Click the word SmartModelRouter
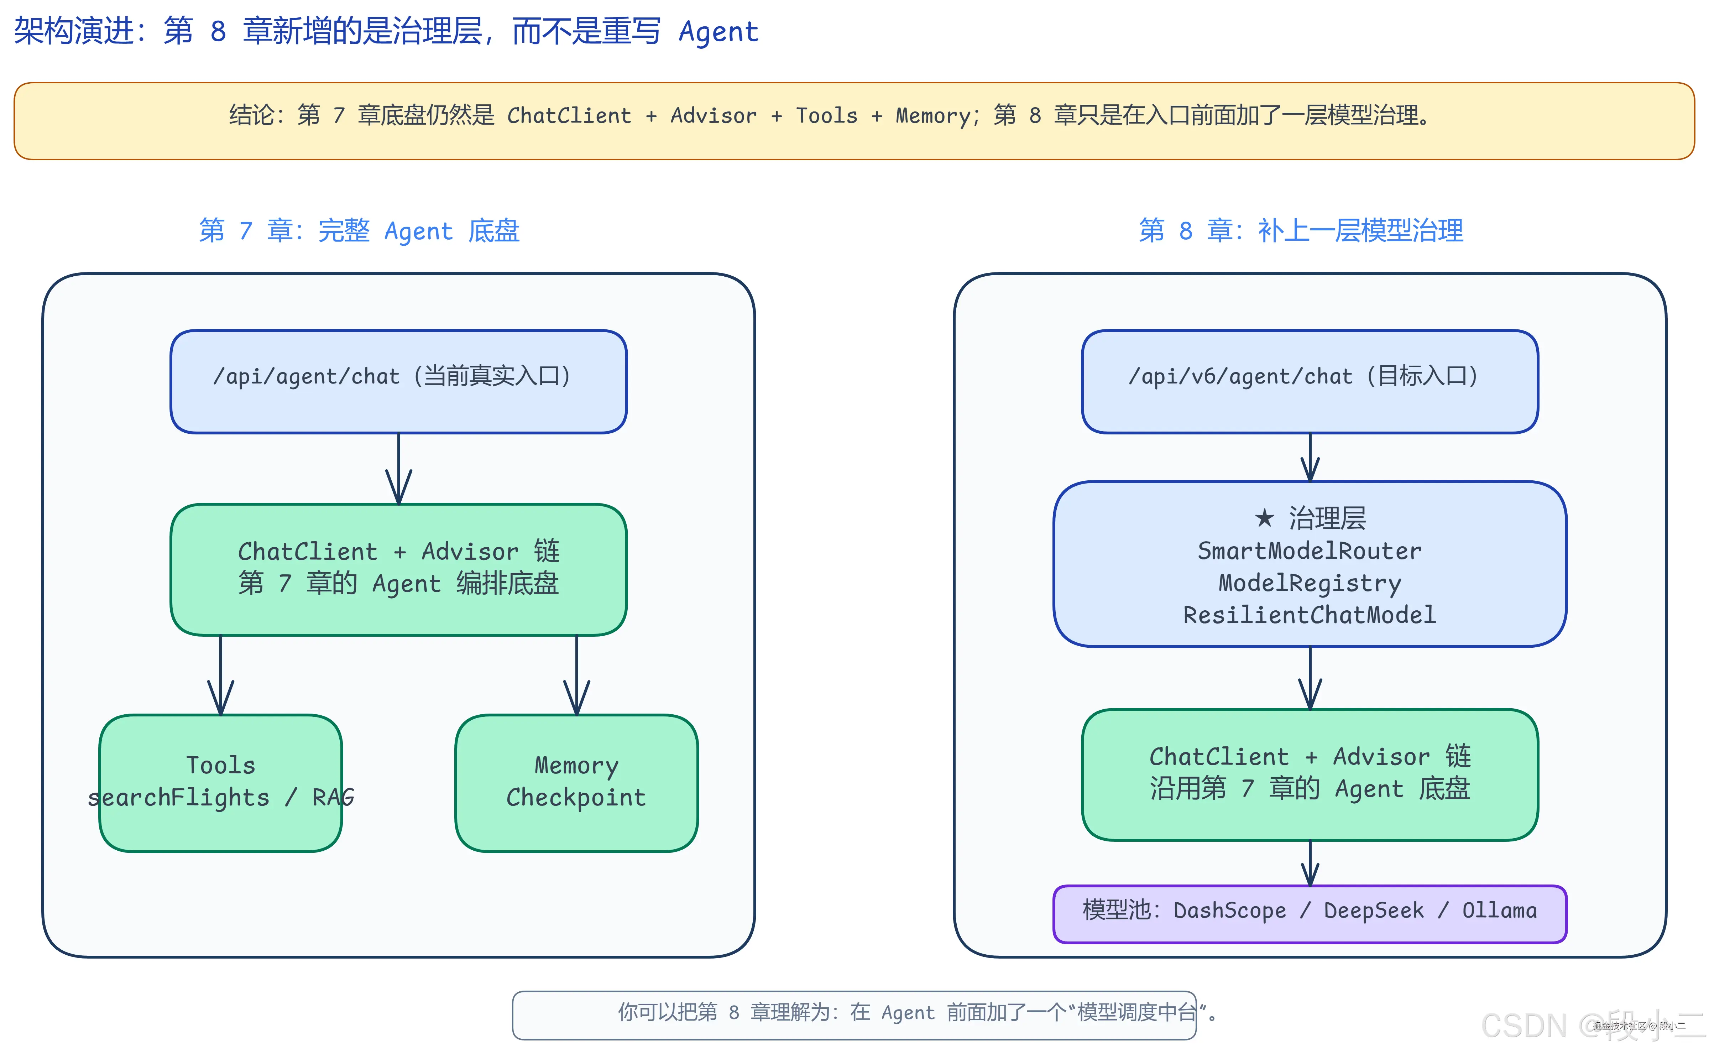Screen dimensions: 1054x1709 pyautogui.click(x=1309, y=551)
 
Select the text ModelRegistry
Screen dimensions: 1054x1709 pyautogui.click(x=1309, y=583)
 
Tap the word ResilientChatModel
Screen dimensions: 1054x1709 pyautogui.click(x=1309, y=615)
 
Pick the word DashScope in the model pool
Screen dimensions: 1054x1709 pyautogui.click(x=1229, y=910)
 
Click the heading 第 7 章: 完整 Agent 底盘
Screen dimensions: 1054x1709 pyautogui.click(x=359, y=231)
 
